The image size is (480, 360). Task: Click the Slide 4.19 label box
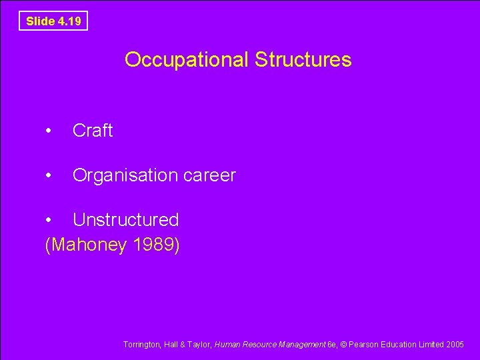click(53, 21)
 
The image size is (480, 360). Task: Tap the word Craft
click(93, 131)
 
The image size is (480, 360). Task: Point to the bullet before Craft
click(49, 131)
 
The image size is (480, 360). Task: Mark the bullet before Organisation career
click(49, 176)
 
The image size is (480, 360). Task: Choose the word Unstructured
click(125, 219)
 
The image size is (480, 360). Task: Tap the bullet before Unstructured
click(49, 220)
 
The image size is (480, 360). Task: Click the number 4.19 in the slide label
click(69, 21)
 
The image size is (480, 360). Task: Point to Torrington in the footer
click(141, 345)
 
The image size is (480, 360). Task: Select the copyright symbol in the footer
click(344, 345)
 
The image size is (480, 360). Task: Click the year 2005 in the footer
click(455, 345)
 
